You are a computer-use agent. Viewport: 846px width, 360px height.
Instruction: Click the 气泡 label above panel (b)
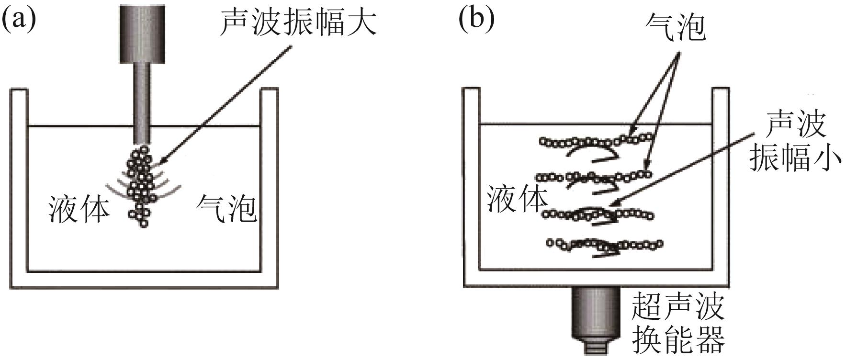tap(675, 26)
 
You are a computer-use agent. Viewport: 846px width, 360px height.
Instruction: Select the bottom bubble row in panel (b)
tap(604, 245)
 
